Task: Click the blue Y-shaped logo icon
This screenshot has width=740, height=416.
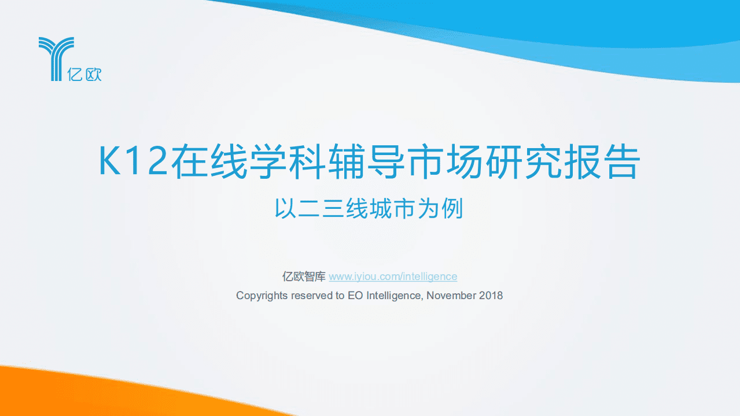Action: tap(56, 58)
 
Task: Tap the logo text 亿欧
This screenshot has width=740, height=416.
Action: tap(84, 74)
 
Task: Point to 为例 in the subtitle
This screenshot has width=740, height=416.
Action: tap(443, 209)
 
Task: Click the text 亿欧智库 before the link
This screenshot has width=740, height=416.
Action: tap(304, 277)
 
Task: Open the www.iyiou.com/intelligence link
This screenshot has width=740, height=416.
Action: tap(393, 277)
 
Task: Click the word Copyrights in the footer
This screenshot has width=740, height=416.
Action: tap(262, 296)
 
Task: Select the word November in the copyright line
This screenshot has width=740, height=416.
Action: tap(452, 296)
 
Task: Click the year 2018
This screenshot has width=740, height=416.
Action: tap(491, 296)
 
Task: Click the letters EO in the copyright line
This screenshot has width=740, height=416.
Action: tap(354, 296)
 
